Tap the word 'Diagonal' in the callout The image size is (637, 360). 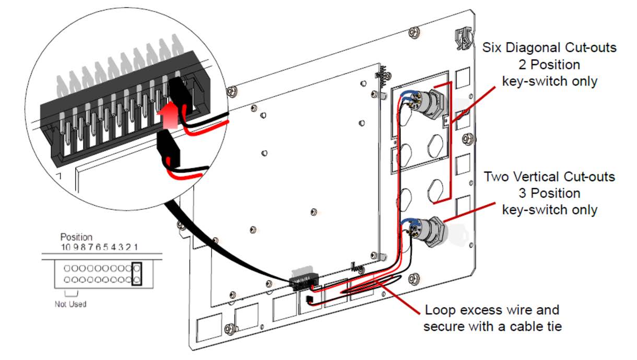[532, 48]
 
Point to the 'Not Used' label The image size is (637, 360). [70, 304]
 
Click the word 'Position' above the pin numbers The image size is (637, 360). [76, 237]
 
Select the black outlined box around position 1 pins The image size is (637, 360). [137, 274]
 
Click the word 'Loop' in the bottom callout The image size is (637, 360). [437, 310]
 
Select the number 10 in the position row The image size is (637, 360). [65, 247]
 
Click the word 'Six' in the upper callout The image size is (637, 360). [492, 48]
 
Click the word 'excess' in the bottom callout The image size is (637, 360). [483, 310]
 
